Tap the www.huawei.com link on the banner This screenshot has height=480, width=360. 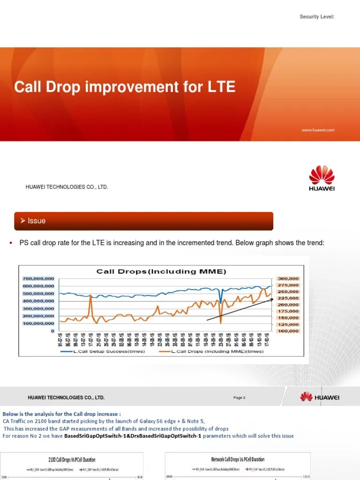[x=318, y=130]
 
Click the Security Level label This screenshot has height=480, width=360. [x=317, y=17]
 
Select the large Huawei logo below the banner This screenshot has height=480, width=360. [x=322, y=178]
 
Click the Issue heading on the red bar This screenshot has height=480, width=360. [x=37, y=221]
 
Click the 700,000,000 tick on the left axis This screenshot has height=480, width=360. [x=38, y=278]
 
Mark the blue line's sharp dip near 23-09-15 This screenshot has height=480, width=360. [x=221, y=302]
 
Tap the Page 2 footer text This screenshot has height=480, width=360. [x=239, y=397]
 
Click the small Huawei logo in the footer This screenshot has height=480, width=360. [x=320, y=397]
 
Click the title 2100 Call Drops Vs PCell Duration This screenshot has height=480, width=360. [x=72, y=460]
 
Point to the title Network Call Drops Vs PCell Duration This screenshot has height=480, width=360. [x=238, y=459]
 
